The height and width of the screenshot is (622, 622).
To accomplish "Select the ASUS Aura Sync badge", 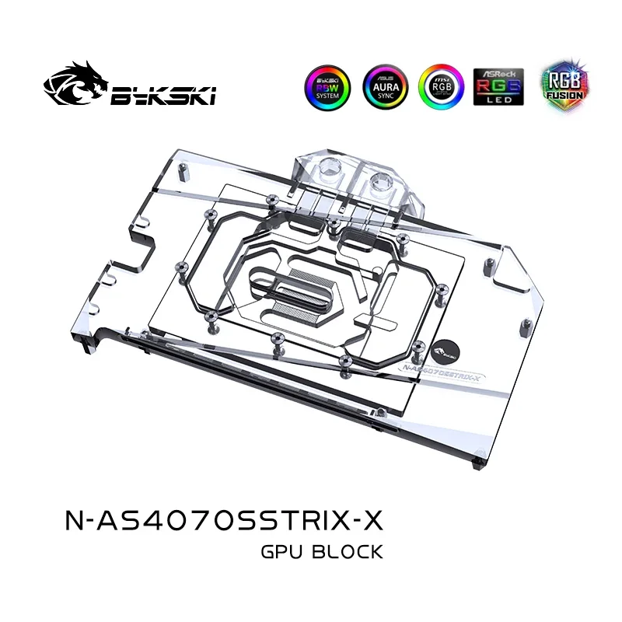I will point(383,88).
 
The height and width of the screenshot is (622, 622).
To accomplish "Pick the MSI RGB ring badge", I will point(440,88).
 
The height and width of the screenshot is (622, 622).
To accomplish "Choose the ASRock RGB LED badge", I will point(498,88).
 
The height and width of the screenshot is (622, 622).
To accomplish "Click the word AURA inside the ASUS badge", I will point(383,86).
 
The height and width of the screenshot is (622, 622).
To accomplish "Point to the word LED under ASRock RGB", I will point(498,101).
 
